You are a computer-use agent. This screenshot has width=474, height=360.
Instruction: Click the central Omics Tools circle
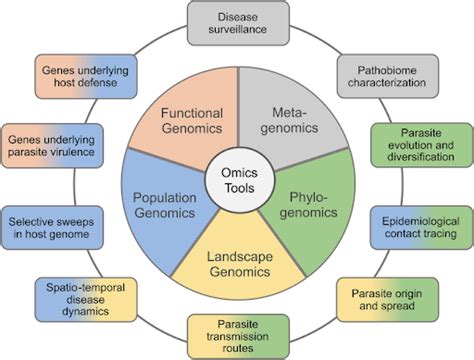pyautogui.click(x=237, y=181)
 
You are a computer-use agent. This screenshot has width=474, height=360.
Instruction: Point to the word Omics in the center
pyautogui.click(x=237, y=173)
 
